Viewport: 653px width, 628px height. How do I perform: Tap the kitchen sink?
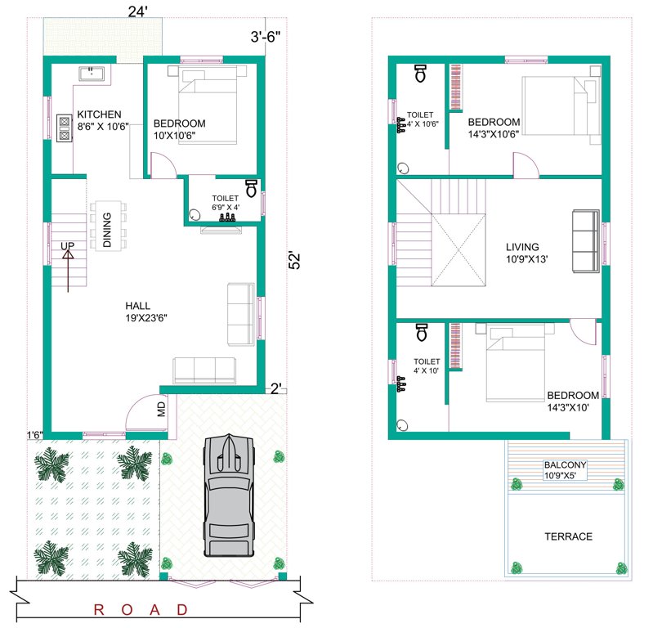pyautogui.click(x=92, y=74)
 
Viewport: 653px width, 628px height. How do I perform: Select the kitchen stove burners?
pyautogui.click(x=64, y=128)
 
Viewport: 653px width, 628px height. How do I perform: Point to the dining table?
pyautogui.click(x=107, y=224)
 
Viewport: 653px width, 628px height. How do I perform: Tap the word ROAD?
pyautogui.click(x=142, y=609)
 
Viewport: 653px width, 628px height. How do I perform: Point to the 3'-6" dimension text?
pyautogui.click(x=266, y=35)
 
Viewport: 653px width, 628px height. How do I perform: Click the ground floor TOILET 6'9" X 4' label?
pyautogui.click(x=225, y=203)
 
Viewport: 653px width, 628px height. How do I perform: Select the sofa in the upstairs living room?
pyautogui.click(x=585, y=240)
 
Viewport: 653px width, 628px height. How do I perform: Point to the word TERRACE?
pyautogui.click(x=568, y=536)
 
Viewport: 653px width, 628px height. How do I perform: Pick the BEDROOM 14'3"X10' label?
pyautogui.click(x=573, y=401)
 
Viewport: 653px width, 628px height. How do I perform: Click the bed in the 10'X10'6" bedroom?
pyautogui.click(x=208, y=106)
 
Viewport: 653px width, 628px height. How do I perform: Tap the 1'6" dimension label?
pyautogui.click(x=34, y=434)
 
